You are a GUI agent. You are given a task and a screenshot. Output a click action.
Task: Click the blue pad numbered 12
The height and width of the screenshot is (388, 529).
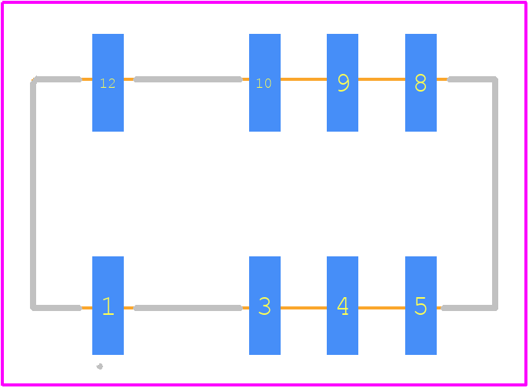coord(108,82)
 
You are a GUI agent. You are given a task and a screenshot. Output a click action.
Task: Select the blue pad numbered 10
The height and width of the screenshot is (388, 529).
coord(264,82)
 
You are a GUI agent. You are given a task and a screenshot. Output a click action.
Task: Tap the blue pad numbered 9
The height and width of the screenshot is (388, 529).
coord(342,82)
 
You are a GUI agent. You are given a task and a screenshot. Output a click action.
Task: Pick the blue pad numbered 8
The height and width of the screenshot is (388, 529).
coord(421,82)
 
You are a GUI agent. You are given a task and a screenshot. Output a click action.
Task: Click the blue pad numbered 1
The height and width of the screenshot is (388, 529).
coord(108,306)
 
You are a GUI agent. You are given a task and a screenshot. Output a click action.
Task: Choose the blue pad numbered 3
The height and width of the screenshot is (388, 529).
coord(264,306)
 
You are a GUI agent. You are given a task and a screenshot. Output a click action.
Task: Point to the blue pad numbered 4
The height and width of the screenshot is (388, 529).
coord(342,306)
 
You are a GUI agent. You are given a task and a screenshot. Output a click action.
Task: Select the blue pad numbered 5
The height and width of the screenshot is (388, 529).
coord(421,306)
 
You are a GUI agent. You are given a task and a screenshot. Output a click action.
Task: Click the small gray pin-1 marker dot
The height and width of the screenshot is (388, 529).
coord(99,366)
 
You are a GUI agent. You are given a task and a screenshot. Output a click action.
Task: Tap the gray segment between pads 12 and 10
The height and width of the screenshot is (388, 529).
coord(188,79)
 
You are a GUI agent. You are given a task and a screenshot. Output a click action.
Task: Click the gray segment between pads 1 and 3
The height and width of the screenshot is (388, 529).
coord(188,308)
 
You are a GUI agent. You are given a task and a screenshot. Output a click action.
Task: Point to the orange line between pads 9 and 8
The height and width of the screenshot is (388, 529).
coord(381,79)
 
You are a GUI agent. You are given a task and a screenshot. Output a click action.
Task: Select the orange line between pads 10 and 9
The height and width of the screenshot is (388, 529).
coord(304,79)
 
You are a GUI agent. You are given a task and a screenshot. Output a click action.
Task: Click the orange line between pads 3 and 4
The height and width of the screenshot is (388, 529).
coord(304,308)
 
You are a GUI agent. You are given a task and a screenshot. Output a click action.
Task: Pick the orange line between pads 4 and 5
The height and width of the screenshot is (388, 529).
coord(381,308)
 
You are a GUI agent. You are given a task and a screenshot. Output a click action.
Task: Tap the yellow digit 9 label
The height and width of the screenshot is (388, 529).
coord(344,82)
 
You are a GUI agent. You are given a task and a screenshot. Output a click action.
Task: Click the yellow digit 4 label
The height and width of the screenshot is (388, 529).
coord(343,306)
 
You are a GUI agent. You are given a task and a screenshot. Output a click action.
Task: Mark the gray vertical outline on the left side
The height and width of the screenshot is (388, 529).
coord(33,193)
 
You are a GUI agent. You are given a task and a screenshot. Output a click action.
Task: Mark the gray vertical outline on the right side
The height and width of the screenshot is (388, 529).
coord(495,193)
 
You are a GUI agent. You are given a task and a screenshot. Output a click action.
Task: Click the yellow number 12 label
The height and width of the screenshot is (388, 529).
coord(108,83)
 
